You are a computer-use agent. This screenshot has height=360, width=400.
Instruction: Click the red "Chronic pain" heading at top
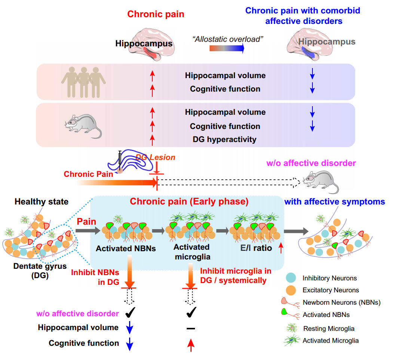(156, 15)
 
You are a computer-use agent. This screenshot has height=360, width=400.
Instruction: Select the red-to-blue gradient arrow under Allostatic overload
(227, 48)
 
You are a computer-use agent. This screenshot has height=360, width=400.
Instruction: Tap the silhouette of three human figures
(84, 81)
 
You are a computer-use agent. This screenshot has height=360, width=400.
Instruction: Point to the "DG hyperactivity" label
(225, 139)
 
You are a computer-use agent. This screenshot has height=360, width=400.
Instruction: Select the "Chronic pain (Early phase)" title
(189, 202)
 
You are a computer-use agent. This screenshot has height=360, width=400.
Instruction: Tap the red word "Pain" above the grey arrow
(86, 222)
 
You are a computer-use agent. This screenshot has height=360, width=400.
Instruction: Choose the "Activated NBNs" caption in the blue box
(120, 248)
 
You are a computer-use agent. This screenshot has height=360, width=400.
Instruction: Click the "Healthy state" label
(42, 202)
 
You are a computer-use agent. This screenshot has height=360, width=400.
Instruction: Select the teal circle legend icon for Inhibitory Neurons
(291, 278)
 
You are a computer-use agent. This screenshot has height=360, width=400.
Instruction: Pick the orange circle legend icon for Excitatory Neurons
(291, 290)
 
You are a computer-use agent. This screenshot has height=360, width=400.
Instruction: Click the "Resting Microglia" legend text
(329, 329)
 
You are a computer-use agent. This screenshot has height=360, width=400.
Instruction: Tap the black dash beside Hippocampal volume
(191, 328)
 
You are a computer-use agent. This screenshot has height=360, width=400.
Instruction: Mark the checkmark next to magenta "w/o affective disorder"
(130, 313)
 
